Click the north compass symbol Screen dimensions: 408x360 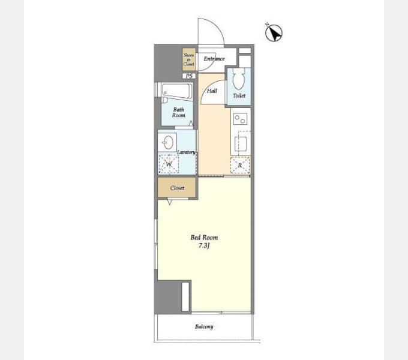pos(274,33)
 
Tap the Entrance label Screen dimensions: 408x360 pos(214,59)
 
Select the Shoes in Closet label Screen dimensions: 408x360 pos(188,59)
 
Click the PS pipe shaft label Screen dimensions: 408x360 pos(189,76)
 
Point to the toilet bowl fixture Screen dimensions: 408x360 pos(239,78)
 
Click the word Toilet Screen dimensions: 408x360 pos(239,96)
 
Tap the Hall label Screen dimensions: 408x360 pos(212,91)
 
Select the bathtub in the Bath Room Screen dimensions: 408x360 pos(177,91)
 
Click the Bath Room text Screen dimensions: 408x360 pos(179,112)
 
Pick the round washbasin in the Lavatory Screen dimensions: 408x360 pos(168,142)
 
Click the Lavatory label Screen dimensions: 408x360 pos(186,152)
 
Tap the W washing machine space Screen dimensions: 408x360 pos(169,164)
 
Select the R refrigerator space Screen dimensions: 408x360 pos(240,165)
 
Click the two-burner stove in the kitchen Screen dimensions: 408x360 pos(240,119)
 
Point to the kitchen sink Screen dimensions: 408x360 pos(241,144)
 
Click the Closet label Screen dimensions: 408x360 pos(177,188)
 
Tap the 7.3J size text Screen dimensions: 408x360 pos(204,245)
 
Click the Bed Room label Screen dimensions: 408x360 pos(204,238)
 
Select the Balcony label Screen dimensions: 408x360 pos(204,327)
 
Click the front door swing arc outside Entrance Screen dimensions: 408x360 pos(217,25)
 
